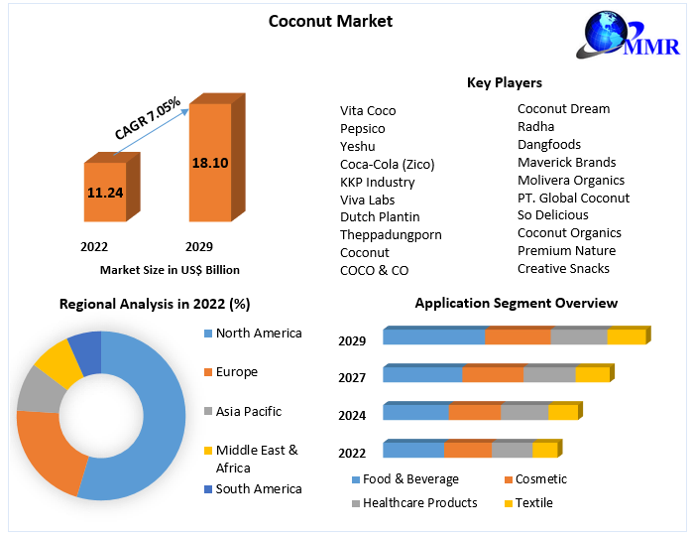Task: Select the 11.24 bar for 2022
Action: click(105, 192)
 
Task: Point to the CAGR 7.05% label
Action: click(147, 118)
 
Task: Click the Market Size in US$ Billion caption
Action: click(170, 269)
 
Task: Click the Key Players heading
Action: click(505, 82)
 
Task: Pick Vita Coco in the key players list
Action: click(368, 110)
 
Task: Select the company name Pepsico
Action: click(362, 128)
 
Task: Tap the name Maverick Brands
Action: click(566, 162)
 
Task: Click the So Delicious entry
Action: click(553, 214)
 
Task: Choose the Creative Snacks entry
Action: click(563, 268)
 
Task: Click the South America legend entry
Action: click(258, 488)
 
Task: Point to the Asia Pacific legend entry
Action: click(248, 411)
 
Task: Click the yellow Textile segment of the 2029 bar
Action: click(626, 337)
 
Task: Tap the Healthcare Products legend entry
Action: click(419, 503)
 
